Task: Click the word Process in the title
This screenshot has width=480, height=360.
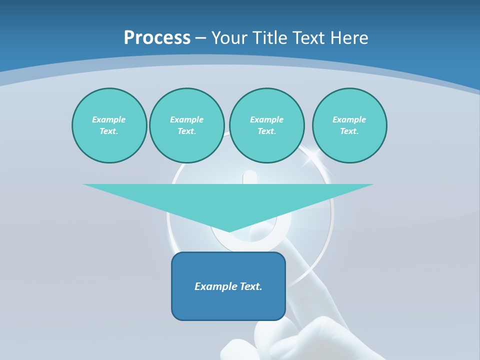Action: [157, 38]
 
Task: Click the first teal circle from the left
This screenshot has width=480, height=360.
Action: [109, 125]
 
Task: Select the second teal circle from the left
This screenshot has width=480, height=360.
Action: [186, 125]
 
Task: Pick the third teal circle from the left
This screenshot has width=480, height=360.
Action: [266, 125]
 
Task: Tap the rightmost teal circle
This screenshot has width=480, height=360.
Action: [349, 125]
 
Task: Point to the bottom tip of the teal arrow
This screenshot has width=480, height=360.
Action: [229, 231]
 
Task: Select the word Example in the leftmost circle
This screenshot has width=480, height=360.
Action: [109, 119]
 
